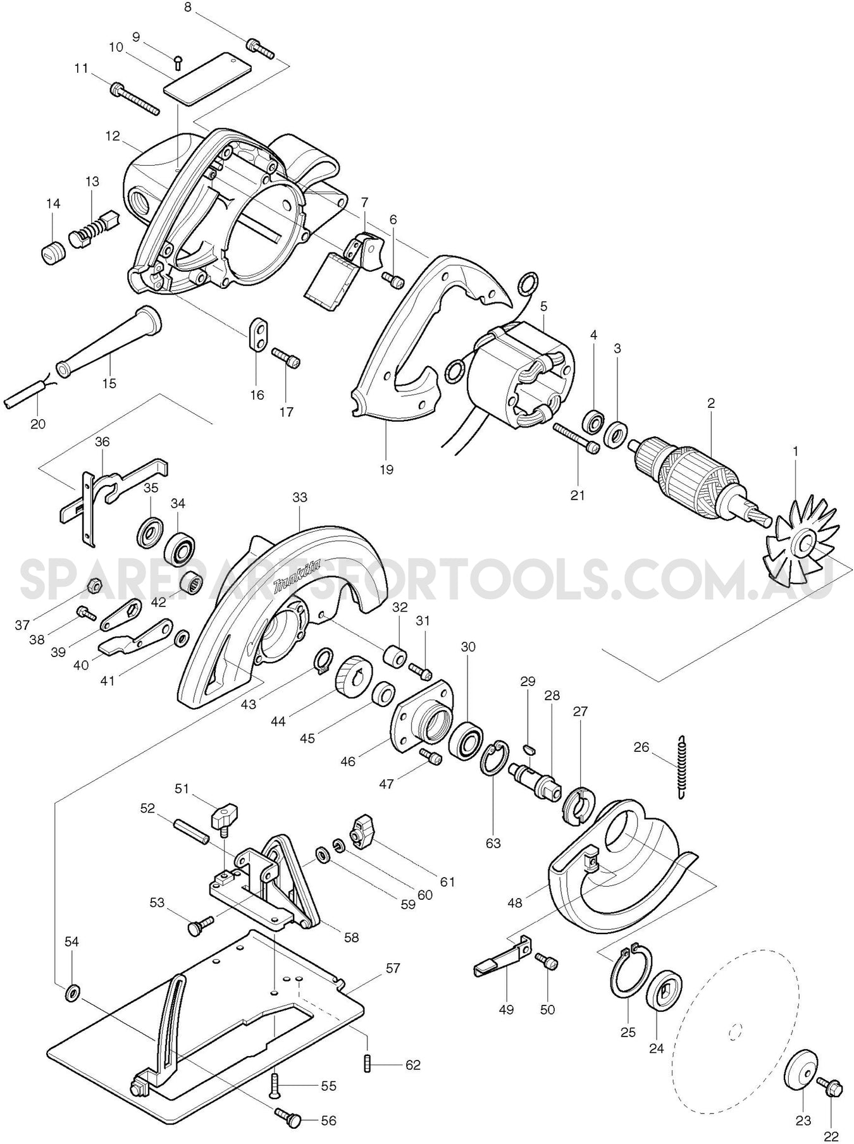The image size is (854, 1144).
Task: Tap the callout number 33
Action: coord(299,497)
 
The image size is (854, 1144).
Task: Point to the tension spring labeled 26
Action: coord(681,767)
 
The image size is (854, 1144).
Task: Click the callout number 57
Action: coord(393,968)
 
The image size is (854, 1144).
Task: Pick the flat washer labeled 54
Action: coord(72,989)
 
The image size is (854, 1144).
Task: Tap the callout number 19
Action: coord(386,469)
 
